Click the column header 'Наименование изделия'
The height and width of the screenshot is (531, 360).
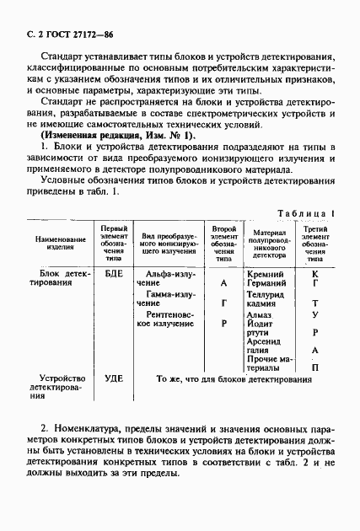(60, 243)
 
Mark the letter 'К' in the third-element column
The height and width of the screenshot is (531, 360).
(314, 274)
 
